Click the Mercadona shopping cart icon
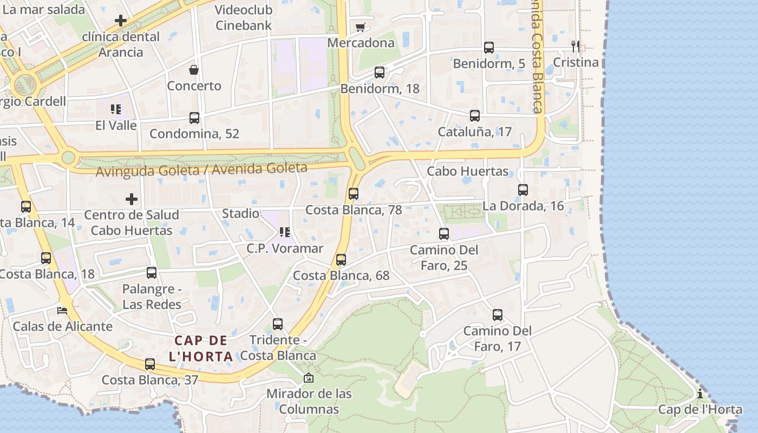coord(360,27)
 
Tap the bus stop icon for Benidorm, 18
coord(380,72)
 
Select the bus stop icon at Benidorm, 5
coord(489,48)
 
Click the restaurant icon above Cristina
coord(576,46)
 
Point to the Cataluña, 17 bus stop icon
coord(475,115)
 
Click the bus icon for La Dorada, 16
coord(523,190)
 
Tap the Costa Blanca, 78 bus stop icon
coord(354,193)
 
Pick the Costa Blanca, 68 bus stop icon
coord(341,260)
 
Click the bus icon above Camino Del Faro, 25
coord(444,234)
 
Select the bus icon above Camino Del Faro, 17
coord(498,314)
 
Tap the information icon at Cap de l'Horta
coord(700,393)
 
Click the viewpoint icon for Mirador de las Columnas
coord(309,377)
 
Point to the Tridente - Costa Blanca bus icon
coord(278,324)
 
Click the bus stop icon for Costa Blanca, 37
coord(150,364)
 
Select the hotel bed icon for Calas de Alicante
coord(63,311)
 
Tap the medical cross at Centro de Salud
coord(132,199)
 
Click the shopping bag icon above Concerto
coord(194,70)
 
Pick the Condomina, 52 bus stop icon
coord(194,117)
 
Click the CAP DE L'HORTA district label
coord(201,349)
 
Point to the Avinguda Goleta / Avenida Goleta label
coord(201,170)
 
